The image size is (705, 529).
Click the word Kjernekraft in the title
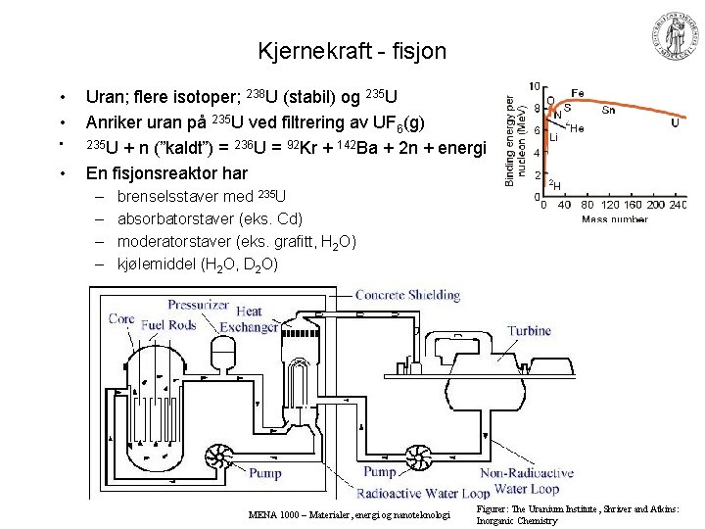click(x=306, y=50)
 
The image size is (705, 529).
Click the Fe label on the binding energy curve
click(x=579, y=93)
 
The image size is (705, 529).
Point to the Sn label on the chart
click(x=608, y=110)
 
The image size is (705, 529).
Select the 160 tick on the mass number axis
click(x=636, y=205)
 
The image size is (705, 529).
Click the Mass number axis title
click(x=614, y=218)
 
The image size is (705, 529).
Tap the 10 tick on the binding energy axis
click(x=535, y=87)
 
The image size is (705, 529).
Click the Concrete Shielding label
click(x=407, y=295)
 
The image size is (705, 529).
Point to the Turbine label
click(x=529, y=331)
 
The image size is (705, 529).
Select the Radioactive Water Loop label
click(x=422, y=493)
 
